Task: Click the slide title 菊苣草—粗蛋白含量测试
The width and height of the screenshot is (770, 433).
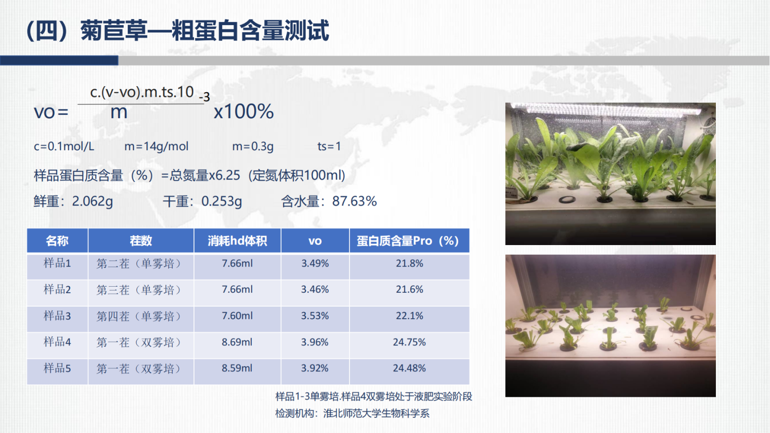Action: tap(205, 31)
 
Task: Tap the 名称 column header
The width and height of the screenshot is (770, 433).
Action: tap(57, 241)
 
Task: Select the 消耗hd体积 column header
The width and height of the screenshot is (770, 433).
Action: tap(237, 241)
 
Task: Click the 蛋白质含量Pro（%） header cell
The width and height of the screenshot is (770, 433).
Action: tap(409, 241)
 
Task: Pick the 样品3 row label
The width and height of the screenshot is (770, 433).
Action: tap(57, 316)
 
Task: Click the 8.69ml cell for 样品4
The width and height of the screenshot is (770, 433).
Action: tap(237, 342)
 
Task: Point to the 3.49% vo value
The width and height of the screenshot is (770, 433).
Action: tap(315, 263)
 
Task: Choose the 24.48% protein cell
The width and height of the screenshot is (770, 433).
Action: tap(409, 368)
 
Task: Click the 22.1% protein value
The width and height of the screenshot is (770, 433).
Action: tap(409, 316)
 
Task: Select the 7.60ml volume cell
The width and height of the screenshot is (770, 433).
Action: tap(237, 316)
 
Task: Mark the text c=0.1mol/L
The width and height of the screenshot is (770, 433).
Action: tap(64, 147)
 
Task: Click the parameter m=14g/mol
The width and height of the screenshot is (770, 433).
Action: tap(156, 147)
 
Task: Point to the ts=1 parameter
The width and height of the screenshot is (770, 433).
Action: tap(329, 147)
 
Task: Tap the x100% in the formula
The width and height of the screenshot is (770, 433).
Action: tap(244, 112)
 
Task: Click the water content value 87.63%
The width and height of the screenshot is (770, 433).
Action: tap(354, 201)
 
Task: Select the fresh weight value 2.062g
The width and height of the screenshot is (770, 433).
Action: tap(92, 201)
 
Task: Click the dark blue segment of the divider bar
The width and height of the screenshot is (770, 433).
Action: tap(59, 61)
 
